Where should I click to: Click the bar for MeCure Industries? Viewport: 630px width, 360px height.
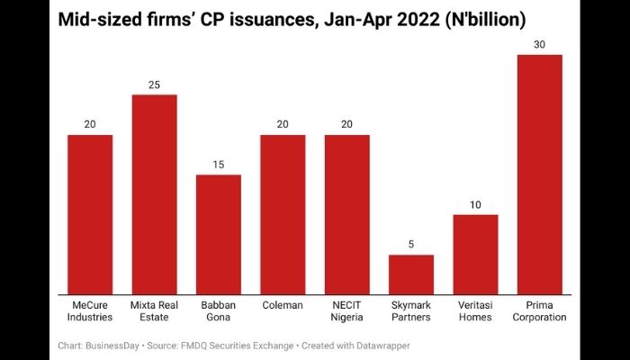90,213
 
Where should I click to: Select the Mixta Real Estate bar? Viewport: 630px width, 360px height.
154,193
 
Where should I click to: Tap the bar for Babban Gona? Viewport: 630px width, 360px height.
219,233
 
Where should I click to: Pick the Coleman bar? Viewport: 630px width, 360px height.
283,213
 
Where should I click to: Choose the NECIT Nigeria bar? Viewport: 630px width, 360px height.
347,213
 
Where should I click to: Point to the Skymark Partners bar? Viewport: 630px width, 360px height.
411,274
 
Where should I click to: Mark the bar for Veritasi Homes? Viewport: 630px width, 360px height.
475,253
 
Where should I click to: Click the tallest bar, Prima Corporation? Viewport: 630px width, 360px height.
540,174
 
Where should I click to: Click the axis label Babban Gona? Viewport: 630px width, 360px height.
219,310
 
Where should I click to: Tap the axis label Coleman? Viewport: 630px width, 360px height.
283,305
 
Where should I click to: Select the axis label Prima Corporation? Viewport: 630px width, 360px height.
540,310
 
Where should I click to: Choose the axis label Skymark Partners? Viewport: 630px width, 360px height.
411,310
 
